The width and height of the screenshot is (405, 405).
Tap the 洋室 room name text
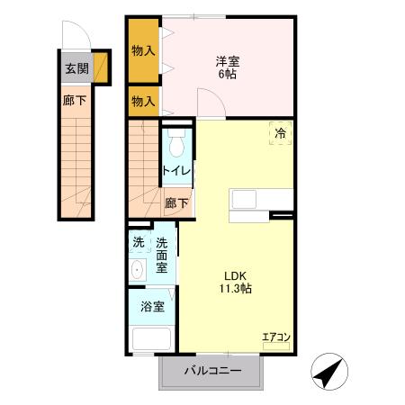[x=227, y=61]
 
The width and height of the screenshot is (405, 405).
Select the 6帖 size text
[x=227, y=76]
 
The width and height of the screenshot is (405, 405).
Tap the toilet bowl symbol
[x=175, y=143]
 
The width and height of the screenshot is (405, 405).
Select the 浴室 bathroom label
[x=152, y=306]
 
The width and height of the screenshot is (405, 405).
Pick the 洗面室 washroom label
[x=162, y=255]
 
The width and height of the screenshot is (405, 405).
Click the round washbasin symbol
[x=138, y=271]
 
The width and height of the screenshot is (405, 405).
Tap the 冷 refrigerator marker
[x=281, y=132]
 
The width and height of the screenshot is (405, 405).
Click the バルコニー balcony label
[x=212, y=371]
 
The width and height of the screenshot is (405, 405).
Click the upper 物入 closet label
[x=143, y=50]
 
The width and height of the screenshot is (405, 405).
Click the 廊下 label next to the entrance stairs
[x=75, y=101]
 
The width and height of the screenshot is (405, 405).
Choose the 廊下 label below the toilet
[x=176, y=203]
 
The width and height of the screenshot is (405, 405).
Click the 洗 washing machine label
[x=138, y=241]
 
